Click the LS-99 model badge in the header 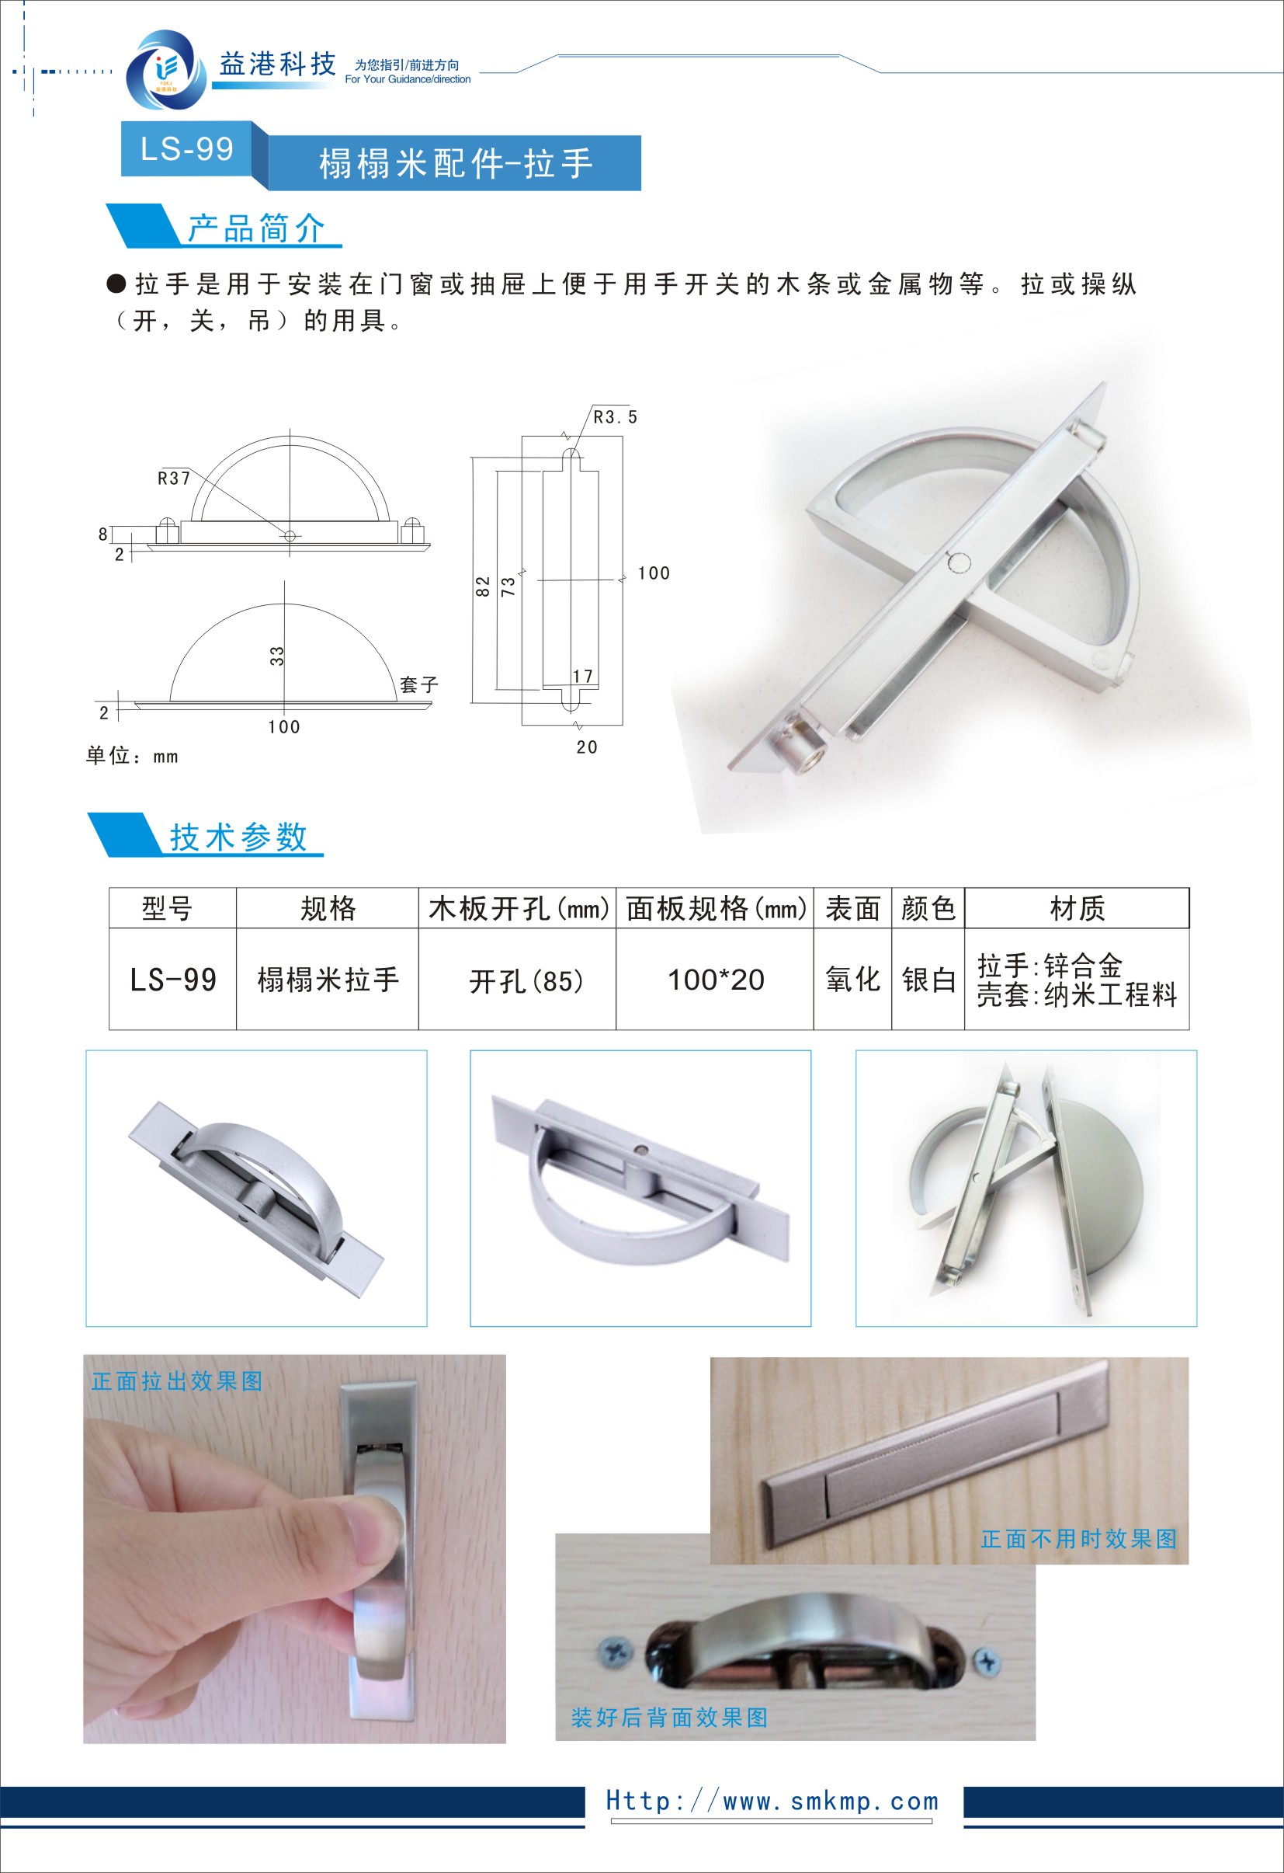pyautogui.click(x=187, y=148)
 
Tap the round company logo pyautogui.click(x=165, y=71)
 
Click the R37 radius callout pyautogui.click(x=174, y=479)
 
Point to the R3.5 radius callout pyautogui.click(x=615, y=416)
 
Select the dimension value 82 pyautogui.click(x=483, y=586)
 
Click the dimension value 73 pyautogui.click(x=508, y=586)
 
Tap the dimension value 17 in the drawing pyautogui.click(x=582, y=676)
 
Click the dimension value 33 pyautogui.click(x=277, y=656)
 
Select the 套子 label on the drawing pyautogui.click(x=419, y=685)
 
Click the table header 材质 pyautogui.click(x=1077, y=908)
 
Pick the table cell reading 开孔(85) pyautogui.click(x=526, y=981)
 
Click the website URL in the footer pyautogui.click(x=772, y=1801)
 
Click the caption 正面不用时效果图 pyautogui.click(x=1078, y=1538)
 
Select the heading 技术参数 pyautogui.click(x=238, y=837)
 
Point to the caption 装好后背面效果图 pyautogui.click(x=668, y=1718)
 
